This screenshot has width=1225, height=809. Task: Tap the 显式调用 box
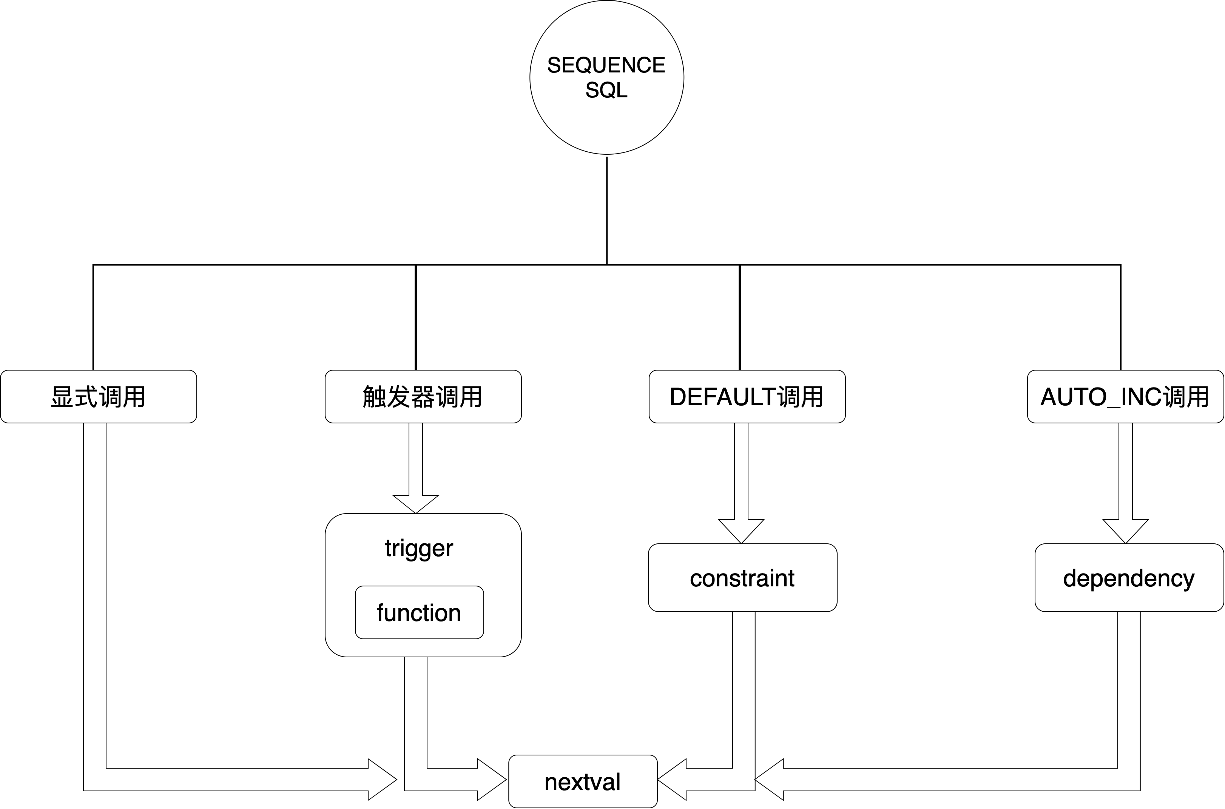(98, 396)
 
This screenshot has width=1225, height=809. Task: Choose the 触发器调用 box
(423, 396)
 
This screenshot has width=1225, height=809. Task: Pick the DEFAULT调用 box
(747, 396)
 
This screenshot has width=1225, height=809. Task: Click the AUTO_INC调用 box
(1125, 396)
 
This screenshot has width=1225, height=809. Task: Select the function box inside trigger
(419, 612)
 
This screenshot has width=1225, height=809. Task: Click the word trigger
(419, 548)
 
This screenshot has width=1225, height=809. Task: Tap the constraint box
(742, 578)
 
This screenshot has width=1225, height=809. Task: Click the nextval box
(582, 782)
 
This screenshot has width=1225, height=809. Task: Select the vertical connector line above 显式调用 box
(93, 317)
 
